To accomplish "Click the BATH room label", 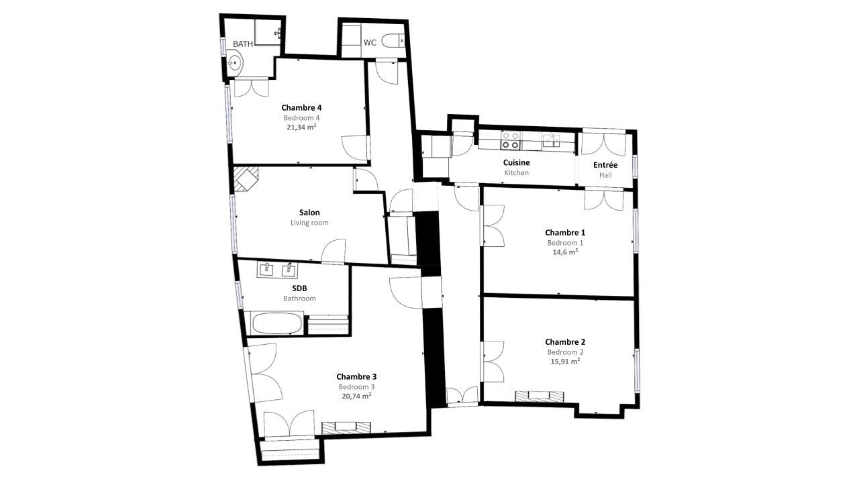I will [243, 44].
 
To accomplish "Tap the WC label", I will [370, 42].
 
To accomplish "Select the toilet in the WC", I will [393, 42].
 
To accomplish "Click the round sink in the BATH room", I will [234, 64].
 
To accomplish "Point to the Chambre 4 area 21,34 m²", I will [301, 127].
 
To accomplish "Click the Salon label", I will [309, 213].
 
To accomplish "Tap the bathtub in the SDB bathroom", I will [276, 323].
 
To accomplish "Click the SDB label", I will [299, 288].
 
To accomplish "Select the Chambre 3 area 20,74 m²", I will [356, 396].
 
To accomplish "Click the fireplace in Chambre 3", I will [346, 427].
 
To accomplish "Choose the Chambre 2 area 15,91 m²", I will [564, 361].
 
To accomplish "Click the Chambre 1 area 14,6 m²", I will [564, 252].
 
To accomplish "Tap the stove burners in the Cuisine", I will [510, 140].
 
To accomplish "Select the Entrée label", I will [605, 165].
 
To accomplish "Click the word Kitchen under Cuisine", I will [517, 172].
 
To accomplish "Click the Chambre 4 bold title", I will [301, 107].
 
